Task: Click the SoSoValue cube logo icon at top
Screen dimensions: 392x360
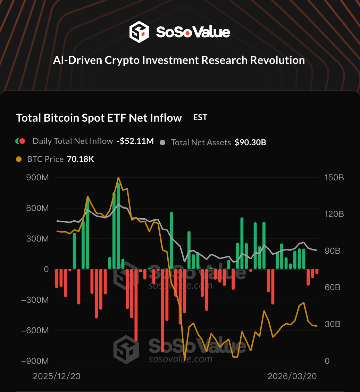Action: pos(139,32)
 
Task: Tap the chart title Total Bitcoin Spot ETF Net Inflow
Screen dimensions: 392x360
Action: pos(99,118)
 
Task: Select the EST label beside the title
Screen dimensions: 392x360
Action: pos(200,117)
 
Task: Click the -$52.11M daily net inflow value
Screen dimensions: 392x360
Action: pos(135,141)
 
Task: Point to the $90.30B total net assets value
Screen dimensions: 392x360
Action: pos(250,142)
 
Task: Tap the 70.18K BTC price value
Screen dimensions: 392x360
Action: pos(80,160)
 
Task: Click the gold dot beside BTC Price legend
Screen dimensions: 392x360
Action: pos(19,160)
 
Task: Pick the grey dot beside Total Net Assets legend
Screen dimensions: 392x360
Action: pos(162,142)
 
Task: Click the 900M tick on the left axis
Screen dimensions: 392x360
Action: pos(37,178)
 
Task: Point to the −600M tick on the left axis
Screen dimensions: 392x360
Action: pos(35,330)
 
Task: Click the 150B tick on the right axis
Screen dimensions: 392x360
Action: pos(334,178)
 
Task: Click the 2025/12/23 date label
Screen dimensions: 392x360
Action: pos(57,377)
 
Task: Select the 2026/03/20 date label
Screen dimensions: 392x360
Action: pos(293,377)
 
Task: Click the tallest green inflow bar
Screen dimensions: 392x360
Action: pos(118,226)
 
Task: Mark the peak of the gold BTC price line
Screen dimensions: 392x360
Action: pos(118,178)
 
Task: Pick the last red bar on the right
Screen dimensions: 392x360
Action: pos(317,272)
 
